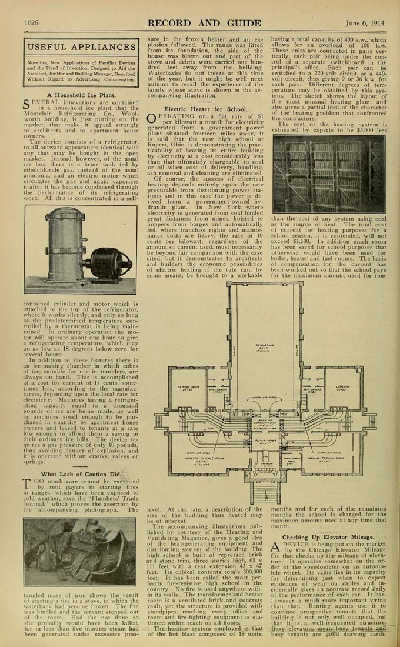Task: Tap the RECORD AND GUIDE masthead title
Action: [204, 23]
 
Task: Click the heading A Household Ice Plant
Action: [81, 95]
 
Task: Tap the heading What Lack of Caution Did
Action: [81, 474]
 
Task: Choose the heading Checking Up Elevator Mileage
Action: [328, 537]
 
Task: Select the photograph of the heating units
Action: [328, 175]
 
